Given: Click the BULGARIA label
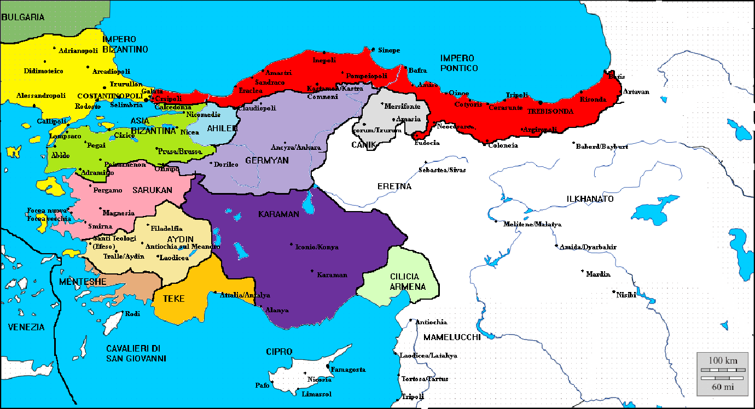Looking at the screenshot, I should [x=23, y=17].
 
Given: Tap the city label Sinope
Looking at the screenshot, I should [x=389, y=50].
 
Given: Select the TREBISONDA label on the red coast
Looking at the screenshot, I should [x=550, y=111].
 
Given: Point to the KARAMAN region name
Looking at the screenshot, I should [x=278, y=214].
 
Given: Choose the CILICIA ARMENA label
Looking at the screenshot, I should [x=404, y=282].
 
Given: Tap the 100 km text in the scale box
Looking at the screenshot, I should [x=722, y=360].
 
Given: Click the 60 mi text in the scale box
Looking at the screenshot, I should [x=722, y=387].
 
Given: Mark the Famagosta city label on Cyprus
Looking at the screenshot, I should [x=349, y=370].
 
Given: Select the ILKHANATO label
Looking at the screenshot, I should [x=590, y=199].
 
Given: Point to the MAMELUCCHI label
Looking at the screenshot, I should [x=452, y=337].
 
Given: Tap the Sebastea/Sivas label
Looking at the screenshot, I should [x=442, y=170].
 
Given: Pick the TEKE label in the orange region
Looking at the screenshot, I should [x=173, y=299].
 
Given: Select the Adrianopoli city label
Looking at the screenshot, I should [x=78, y=51].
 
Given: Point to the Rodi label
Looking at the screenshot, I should [x=133, y=314].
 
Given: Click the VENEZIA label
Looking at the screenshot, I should [x=26, y=327].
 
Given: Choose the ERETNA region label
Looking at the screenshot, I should [x=394, y=186].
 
